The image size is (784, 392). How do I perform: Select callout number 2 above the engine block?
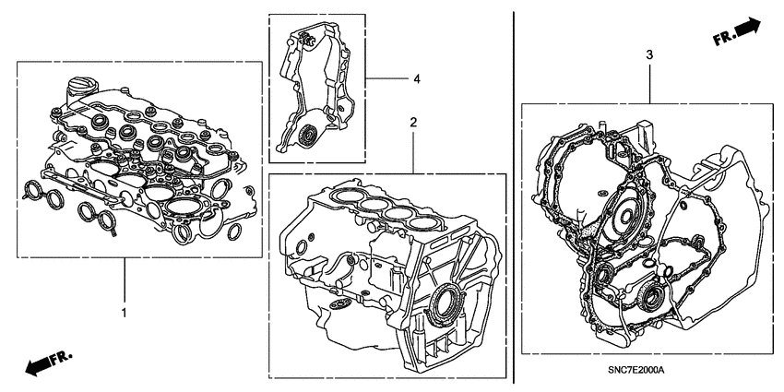[x=414, y=122]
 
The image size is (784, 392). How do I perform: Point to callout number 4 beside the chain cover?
[x=416, y=80]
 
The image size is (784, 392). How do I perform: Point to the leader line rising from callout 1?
[x=124, y=282]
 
